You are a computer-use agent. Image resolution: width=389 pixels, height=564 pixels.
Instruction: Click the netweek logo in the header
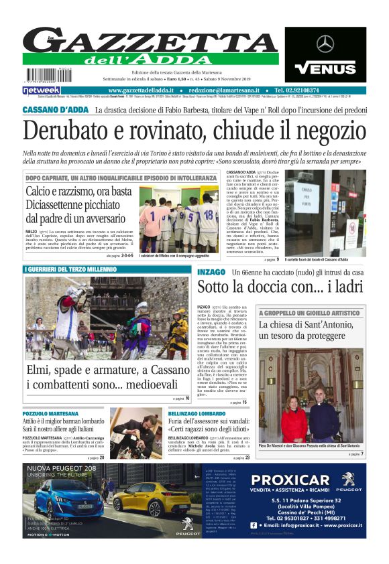tap(41, 90)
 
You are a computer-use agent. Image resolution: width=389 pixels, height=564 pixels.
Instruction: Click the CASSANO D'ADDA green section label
tap(55, 110)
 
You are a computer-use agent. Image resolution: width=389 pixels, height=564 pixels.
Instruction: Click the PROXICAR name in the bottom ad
tap(290, 480)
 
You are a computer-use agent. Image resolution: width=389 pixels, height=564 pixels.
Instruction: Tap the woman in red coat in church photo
tap(294, 419)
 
